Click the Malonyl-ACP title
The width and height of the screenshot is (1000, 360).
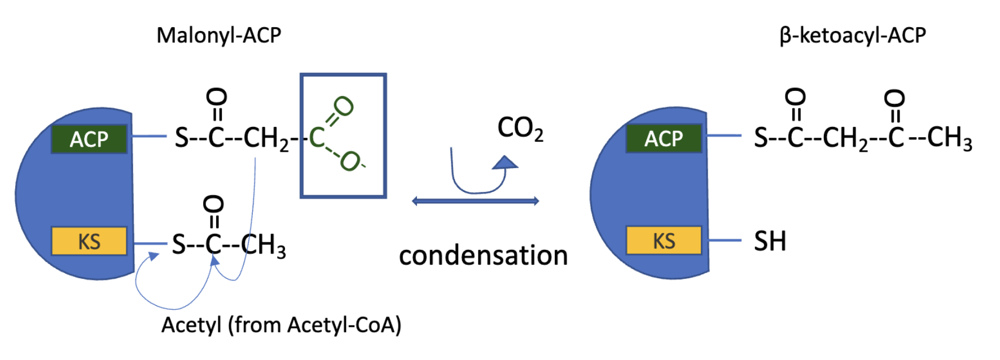tap(218, 36)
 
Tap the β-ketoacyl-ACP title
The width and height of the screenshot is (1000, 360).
tap(853, 36)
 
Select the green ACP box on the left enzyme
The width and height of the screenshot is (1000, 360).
tap(89, 139)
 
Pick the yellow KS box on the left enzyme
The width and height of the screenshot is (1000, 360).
tap(89, 242)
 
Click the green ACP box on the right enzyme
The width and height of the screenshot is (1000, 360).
tap(664, 138)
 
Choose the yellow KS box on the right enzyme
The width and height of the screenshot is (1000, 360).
tap(664, 241)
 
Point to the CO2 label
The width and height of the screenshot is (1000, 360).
tap(520, 129)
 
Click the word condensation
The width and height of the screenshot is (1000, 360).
tap(483, 256)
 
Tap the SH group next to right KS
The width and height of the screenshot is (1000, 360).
tap(770, 242)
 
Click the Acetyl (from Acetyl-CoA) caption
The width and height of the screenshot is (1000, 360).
tap(281, 325)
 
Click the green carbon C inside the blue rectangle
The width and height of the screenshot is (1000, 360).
tap(317, 138)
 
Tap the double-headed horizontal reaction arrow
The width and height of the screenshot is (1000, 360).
tap(475, 201)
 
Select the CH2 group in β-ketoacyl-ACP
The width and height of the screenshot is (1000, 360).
tap(845, 138)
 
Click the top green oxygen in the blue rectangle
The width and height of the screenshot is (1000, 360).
tap(343, 106)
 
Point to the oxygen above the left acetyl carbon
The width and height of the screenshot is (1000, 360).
tap(213, 204)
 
